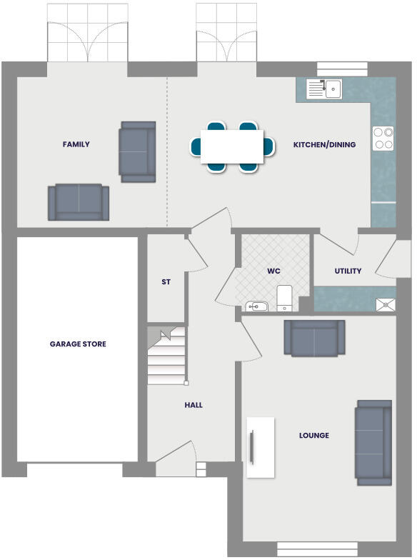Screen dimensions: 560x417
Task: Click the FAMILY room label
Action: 76,144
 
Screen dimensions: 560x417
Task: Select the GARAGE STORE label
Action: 78,344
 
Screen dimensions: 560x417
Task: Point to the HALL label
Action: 194,405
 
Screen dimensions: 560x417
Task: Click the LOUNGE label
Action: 314,435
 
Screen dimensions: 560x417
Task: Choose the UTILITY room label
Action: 348,271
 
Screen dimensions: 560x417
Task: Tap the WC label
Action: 273,271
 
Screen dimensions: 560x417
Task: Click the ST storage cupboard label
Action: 166,282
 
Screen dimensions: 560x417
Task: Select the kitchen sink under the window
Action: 325,89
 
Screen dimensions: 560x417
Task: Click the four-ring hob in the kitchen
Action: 383,138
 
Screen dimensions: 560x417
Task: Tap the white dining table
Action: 232,146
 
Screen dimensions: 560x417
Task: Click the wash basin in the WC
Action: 256,306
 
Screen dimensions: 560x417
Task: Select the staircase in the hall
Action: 167,356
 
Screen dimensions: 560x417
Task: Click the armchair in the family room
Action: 137,151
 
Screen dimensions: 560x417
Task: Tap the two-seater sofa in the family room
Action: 79,203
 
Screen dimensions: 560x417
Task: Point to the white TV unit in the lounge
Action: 261,447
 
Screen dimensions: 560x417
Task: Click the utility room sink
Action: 386,304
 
